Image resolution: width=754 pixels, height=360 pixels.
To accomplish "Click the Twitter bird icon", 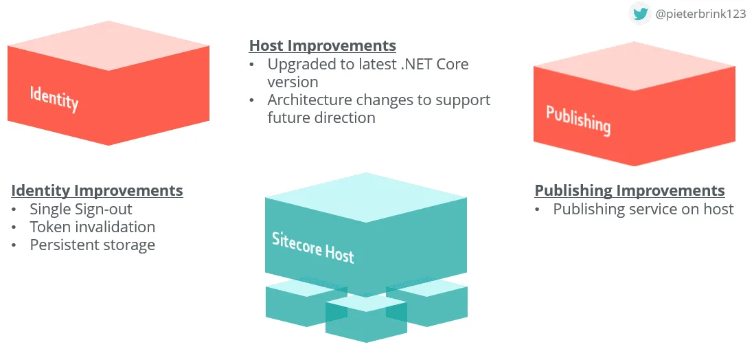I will point(640,13).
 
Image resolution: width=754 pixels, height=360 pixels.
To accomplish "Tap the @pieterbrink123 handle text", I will point(700,14).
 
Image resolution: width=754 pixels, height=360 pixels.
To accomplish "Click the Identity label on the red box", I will point(54,98).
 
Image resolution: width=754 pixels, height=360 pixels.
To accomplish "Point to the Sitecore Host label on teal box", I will point(312,247).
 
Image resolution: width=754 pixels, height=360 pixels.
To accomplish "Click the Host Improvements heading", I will point(322,46).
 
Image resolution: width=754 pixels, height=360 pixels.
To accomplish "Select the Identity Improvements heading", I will point(97,190).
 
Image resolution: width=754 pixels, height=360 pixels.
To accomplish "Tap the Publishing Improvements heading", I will point(629,190).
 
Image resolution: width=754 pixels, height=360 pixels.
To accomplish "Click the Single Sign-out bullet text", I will point(81,209).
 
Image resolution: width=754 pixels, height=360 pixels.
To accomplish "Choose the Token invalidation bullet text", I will point(93,227).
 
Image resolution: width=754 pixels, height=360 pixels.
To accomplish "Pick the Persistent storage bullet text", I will point(93,245).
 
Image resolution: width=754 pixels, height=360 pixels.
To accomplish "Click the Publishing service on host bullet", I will point(643,209).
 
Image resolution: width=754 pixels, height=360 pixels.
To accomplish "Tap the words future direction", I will point(321,117).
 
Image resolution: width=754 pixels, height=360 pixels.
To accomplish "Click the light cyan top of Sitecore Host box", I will point(366,196).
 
